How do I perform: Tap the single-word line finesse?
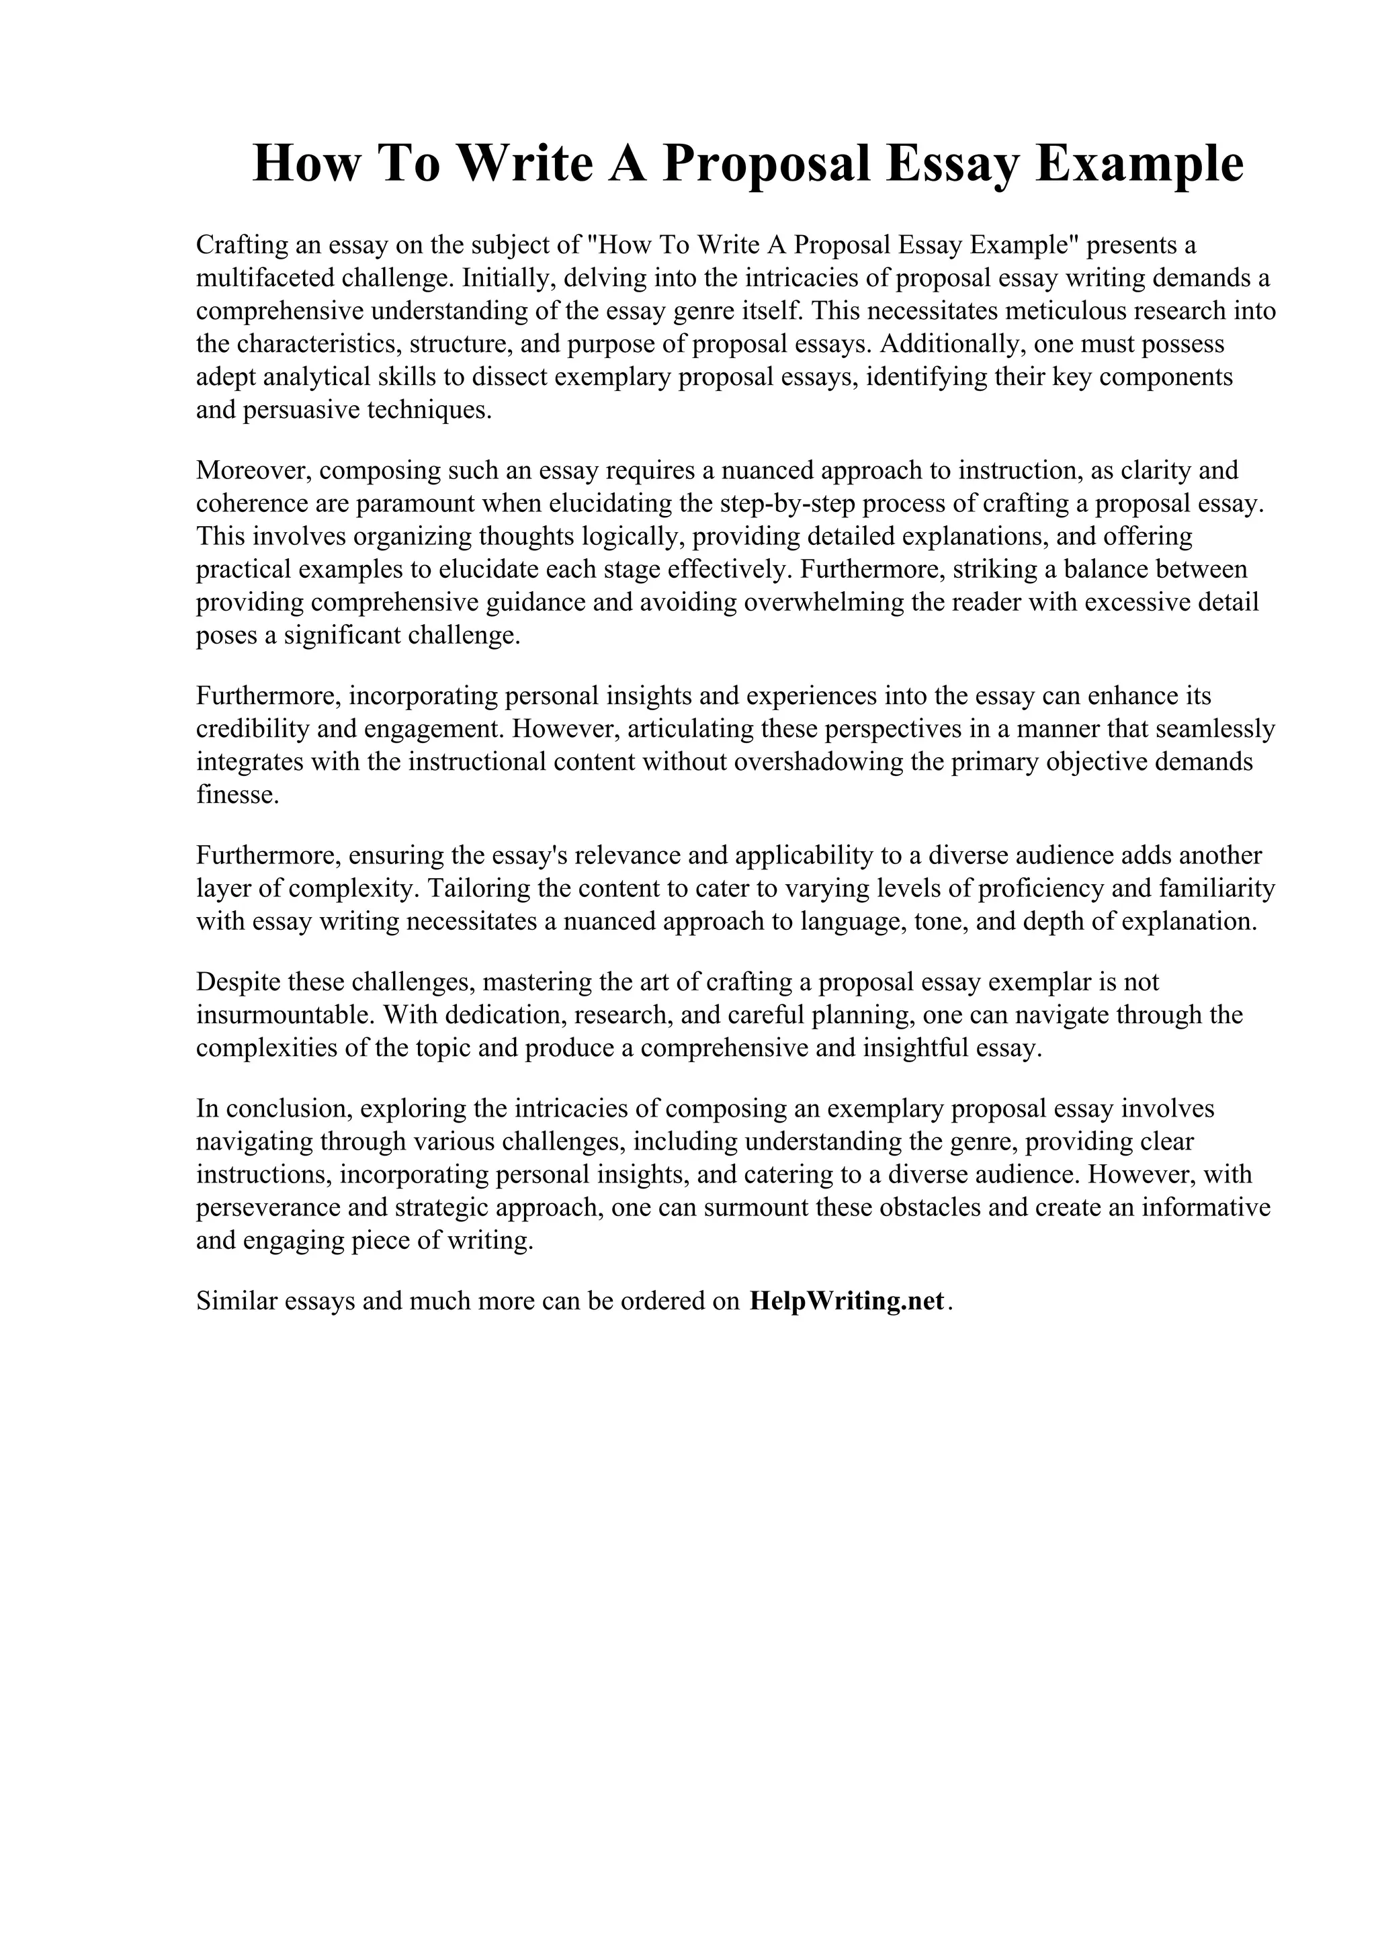pos(236,795)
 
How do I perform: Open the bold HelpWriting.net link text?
pos(846,1301)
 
